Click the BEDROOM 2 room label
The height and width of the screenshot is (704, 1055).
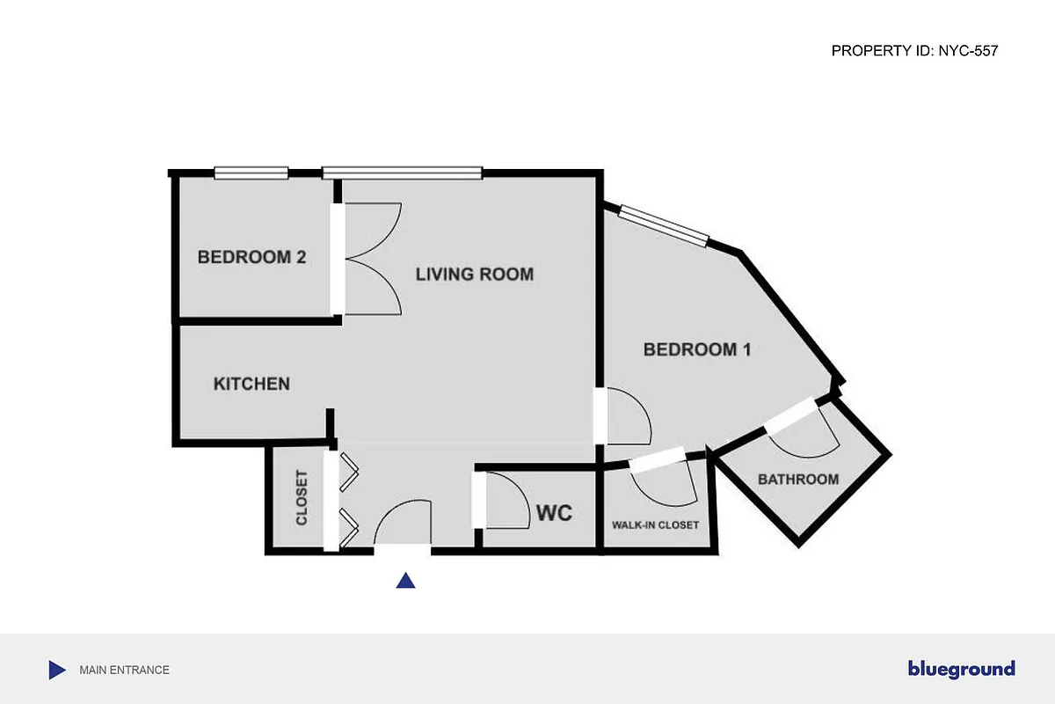251,258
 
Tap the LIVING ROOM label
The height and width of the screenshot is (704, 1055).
474,275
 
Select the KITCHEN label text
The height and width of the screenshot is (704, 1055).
251,385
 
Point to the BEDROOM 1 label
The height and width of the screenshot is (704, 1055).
697,349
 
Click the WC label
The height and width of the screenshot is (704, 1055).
554,512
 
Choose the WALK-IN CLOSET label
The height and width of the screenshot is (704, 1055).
655,525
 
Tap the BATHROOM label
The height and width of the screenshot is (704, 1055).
798,480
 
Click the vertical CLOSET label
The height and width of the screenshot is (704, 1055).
302,499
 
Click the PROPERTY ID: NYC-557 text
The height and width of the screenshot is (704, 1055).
914,51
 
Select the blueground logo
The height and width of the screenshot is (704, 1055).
961,669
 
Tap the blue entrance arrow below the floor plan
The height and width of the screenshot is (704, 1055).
405,580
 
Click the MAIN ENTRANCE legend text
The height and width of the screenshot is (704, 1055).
124,670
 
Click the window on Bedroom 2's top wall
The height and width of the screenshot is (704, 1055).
251,173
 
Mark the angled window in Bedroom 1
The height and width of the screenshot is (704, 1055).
664,224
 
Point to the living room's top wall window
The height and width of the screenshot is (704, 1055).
402,173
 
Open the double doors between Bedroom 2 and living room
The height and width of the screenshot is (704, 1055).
369,259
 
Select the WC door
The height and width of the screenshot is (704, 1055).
506,500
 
